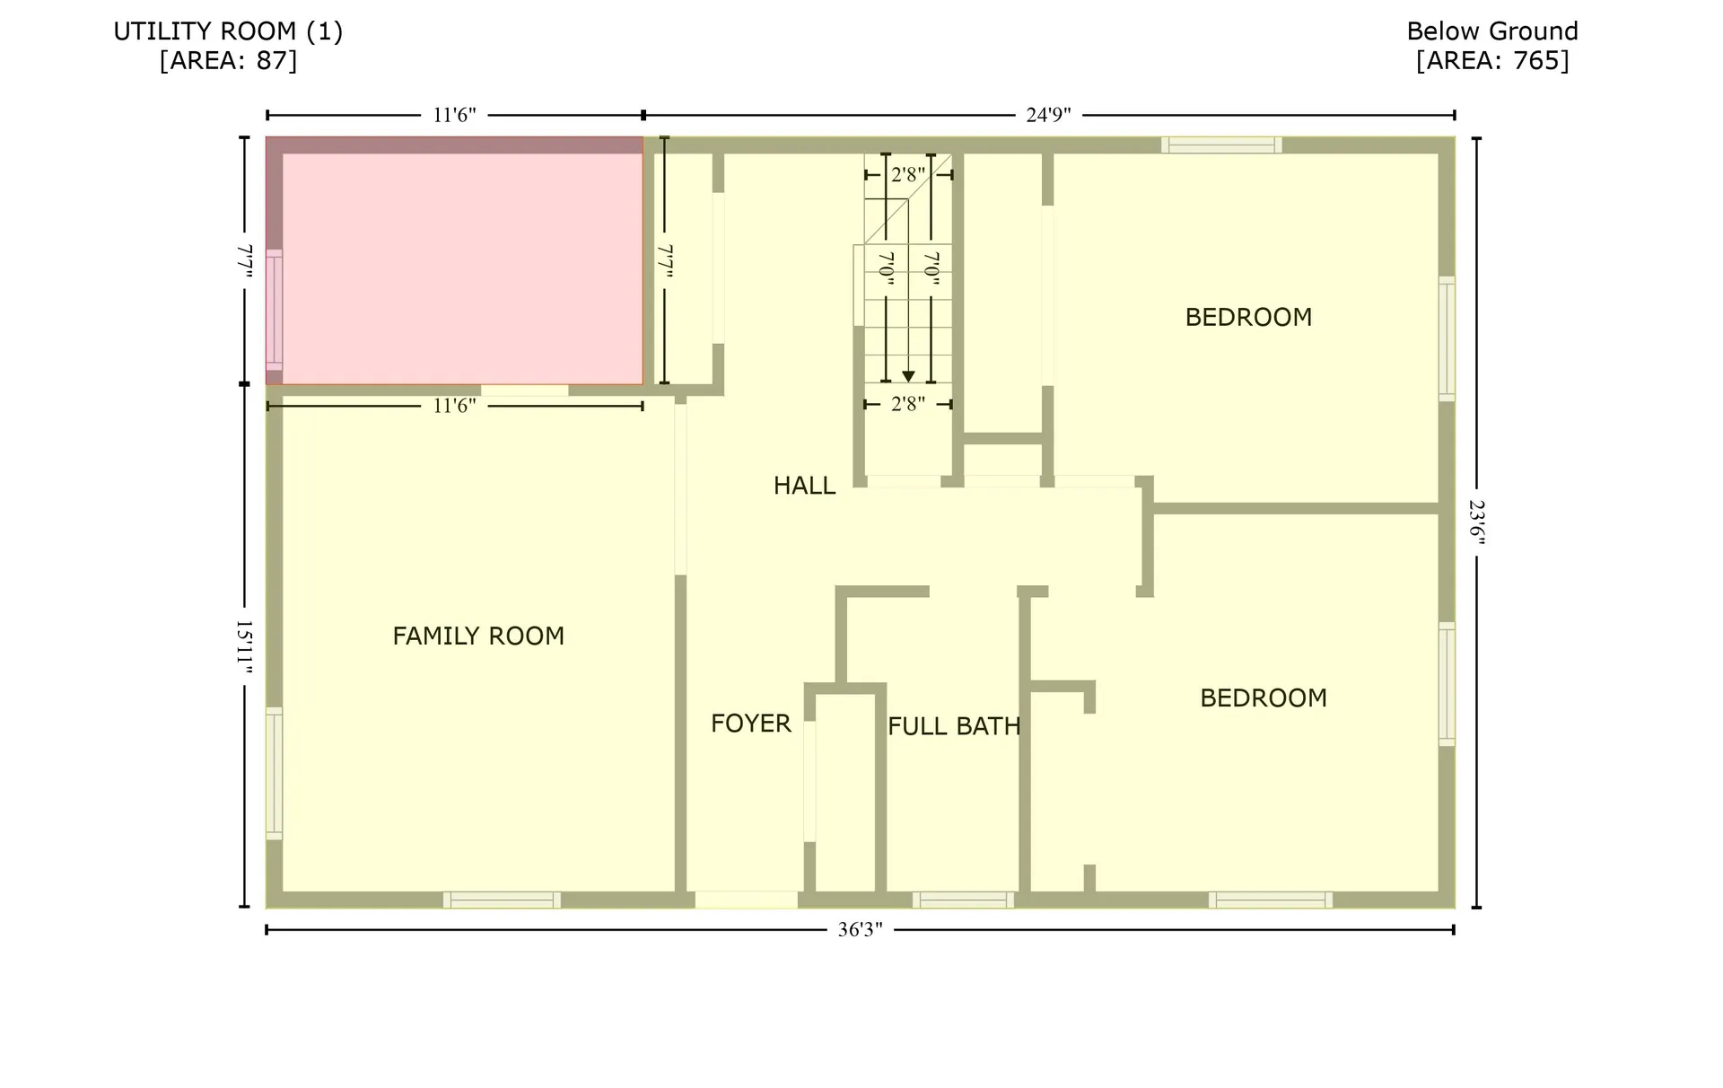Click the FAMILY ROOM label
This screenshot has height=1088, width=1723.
478,636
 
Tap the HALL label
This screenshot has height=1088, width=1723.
804,486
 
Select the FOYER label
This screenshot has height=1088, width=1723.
750,724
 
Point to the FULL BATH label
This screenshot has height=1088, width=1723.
954,726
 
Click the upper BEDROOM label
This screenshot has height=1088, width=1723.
1248,317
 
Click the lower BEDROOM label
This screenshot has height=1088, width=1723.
1263,698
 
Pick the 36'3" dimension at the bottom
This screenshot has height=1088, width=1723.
860,930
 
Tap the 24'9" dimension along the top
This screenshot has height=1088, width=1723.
1048,115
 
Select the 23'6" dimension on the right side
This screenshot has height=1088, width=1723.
1476,522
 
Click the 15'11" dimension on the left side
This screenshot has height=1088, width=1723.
244,645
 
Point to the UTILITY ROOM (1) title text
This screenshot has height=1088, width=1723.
228,31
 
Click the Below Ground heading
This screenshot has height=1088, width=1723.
1491,31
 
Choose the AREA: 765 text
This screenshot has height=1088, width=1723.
1491,60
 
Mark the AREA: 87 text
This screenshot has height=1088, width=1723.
228,60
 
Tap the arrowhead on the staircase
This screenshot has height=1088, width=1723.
908,377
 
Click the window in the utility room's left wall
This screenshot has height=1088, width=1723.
274,310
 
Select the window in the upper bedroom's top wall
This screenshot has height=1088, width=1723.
1220,145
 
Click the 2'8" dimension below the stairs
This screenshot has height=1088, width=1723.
907,404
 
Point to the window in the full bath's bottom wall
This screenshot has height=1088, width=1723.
963,899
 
